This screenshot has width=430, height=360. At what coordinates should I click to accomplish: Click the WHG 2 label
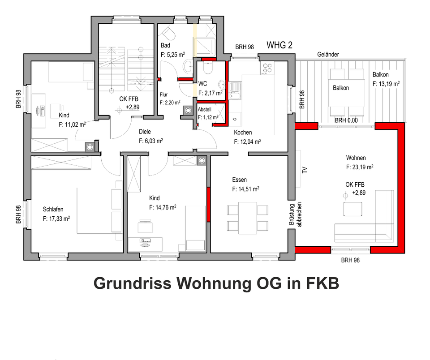pos(279,45)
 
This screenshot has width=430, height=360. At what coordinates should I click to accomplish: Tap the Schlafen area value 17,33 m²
pos(56,219)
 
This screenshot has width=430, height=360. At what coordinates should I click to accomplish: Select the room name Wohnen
pos(356,158)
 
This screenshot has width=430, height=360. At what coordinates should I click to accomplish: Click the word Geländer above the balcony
pos(328,55)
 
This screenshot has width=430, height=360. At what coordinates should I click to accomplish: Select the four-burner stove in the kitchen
pos(267,68)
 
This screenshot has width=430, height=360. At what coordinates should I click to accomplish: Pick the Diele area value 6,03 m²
pos(150,141)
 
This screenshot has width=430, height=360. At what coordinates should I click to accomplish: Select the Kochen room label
pos(243,133)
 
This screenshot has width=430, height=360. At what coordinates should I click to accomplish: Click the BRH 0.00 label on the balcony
pos(347,120)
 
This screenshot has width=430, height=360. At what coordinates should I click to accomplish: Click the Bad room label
pos(165,46)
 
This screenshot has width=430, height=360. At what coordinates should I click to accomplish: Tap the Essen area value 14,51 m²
pos(245,189)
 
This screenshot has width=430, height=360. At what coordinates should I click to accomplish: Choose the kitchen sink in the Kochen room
pos(235,90)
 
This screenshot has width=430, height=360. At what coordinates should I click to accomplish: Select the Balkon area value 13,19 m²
pos(386,83)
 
